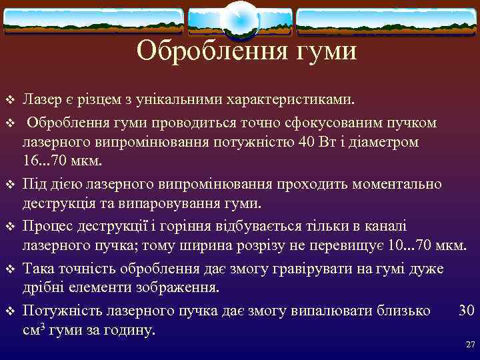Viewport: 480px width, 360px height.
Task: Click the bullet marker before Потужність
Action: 9,311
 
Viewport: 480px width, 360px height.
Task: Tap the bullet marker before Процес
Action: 9,227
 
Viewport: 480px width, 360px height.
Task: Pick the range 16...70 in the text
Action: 45,161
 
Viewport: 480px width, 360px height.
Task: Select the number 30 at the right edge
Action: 467,310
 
